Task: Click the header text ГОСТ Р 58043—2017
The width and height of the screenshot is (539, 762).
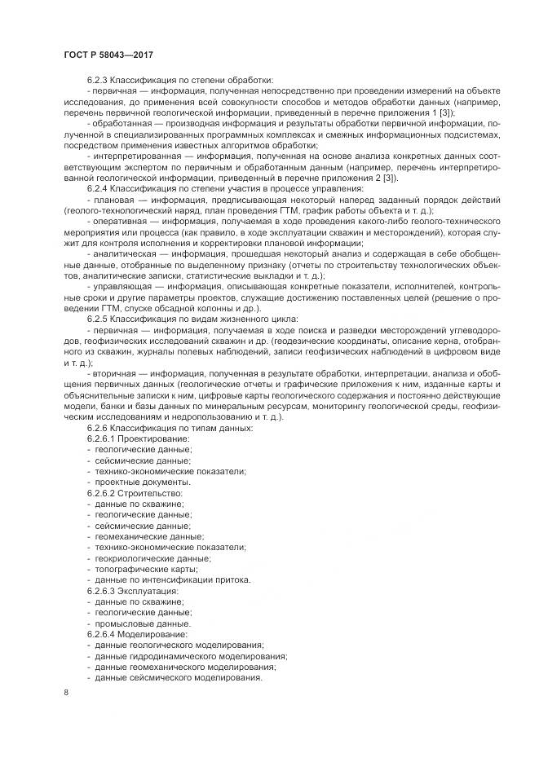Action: pyautogui.click(x=108, y=54)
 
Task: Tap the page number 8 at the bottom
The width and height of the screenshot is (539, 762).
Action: pyautogui.click(x=66, y=693)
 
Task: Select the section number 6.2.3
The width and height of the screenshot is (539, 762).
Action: pyautogui.click(x=98, y=81)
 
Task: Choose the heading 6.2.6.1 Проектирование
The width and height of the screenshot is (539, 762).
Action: pyautogui.click(x=139, y=438)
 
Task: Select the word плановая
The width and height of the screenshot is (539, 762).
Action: pyautogui.click(x=113, y=200)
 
